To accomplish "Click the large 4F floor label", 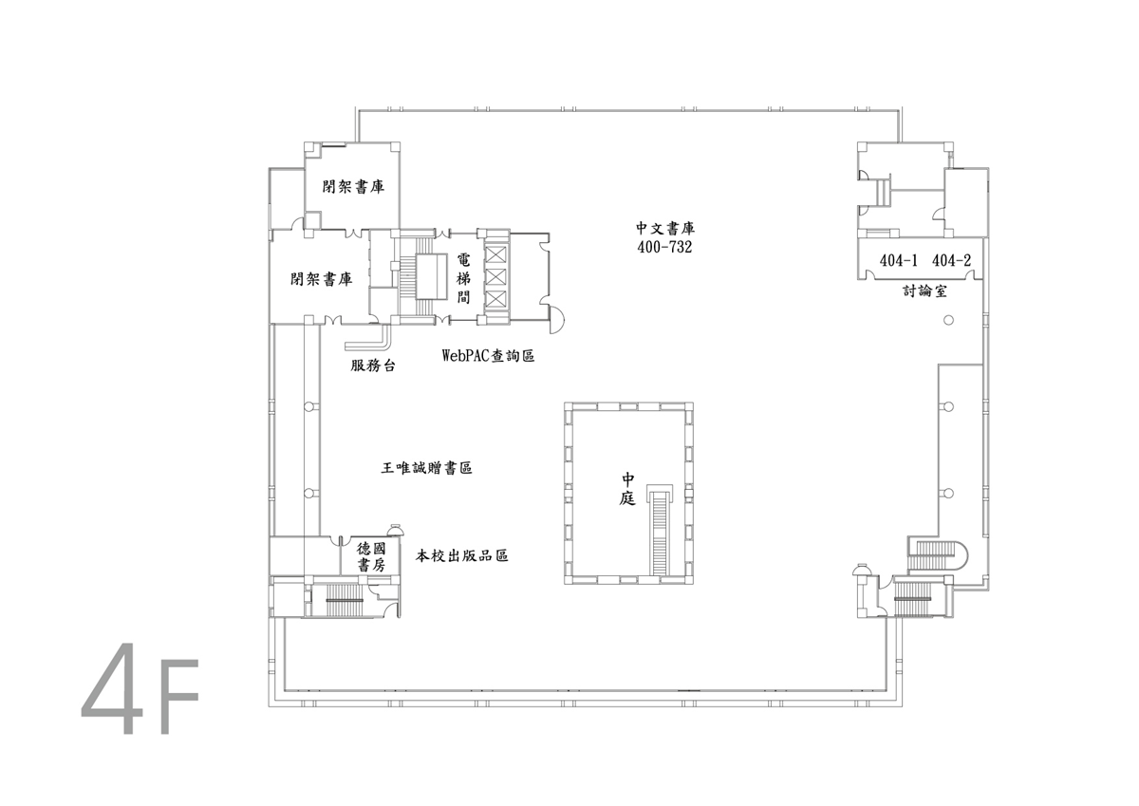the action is click(140, 690).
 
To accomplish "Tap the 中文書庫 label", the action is click(664, 228).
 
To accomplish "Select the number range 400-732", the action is click(664, 247).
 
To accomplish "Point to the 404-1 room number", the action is click(899, 260).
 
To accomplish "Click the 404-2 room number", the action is click(951, 260).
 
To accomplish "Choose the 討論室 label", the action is click(924, 291).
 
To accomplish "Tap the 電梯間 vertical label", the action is click(463, 279).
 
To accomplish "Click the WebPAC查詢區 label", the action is click(488, 355).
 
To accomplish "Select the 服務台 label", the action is click(373, 366).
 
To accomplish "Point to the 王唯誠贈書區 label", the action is click(426, 468).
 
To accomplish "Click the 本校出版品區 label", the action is click(461, 555).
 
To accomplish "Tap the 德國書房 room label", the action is click(371, 556).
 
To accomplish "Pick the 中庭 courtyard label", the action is click(628, 489).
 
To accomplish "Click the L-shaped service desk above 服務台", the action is click(366, 340).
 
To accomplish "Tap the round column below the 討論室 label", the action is click(948, 320).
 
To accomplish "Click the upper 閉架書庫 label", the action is click(353, 187).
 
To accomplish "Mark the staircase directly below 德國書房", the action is click(345, 600).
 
